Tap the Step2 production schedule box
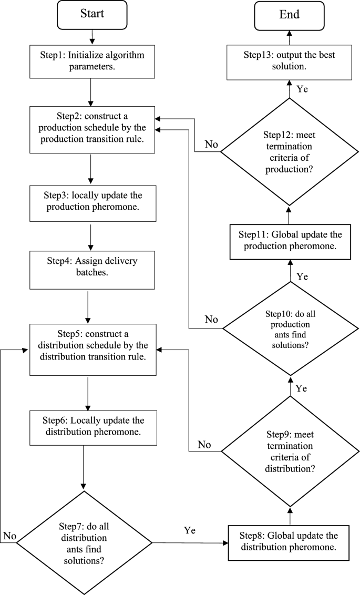pos(92,129)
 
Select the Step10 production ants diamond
pos(289,330)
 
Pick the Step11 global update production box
pos(289,240)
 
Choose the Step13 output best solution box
pos(289,62)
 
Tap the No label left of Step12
pos(211,144)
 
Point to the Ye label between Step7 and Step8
pos(190,531)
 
